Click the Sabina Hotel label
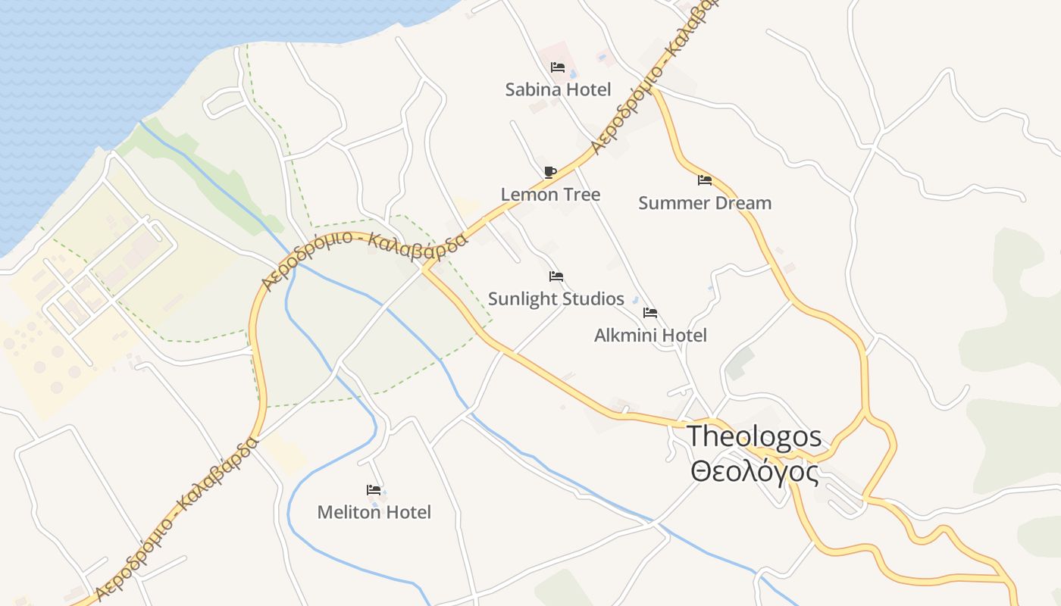[558, 90]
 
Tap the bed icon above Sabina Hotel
[558, 67]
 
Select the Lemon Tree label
[550, 195]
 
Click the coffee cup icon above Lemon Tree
[550, 172]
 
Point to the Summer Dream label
[705, 203]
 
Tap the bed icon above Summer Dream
[705, 180]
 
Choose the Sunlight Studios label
[556, 299]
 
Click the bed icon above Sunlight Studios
[556, 276]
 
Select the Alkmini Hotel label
[650, 336]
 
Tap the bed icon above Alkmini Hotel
[650, 313]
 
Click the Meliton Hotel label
[374, 513]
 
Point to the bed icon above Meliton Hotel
[374, 490]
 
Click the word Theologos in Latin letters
[754, 436]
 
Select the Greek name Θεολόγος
[755, 472]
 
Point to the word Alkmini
[623, 336]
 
